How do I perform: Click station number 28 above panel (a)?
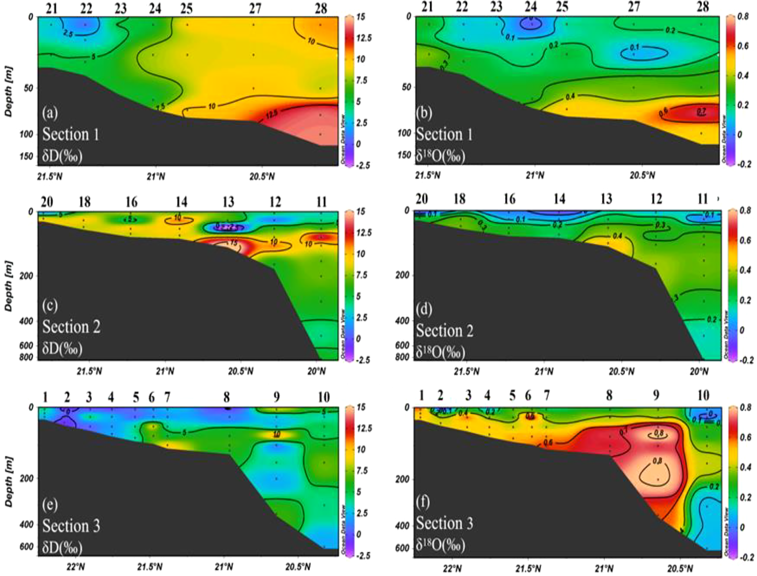[x=321, y=8]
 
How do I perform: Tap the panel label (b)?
[x=424, y=113]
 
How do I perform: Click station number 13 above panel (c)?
[x=228, y=202]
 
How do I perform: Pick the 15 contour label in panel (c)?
[x=233, y=243]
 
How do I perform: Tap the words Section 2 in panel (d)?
[x=445, y=330]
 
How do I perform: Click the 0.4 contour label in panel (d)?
[x=617, y=236]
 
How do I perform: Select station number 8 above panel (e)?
[x=226, y=397]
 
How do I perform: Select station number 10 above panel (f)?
[x=703, y=396]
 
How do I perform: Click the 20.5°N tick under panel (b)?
[x=642, y=176]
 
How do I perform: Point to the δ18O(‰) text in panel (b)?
[x=440, y=156]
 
